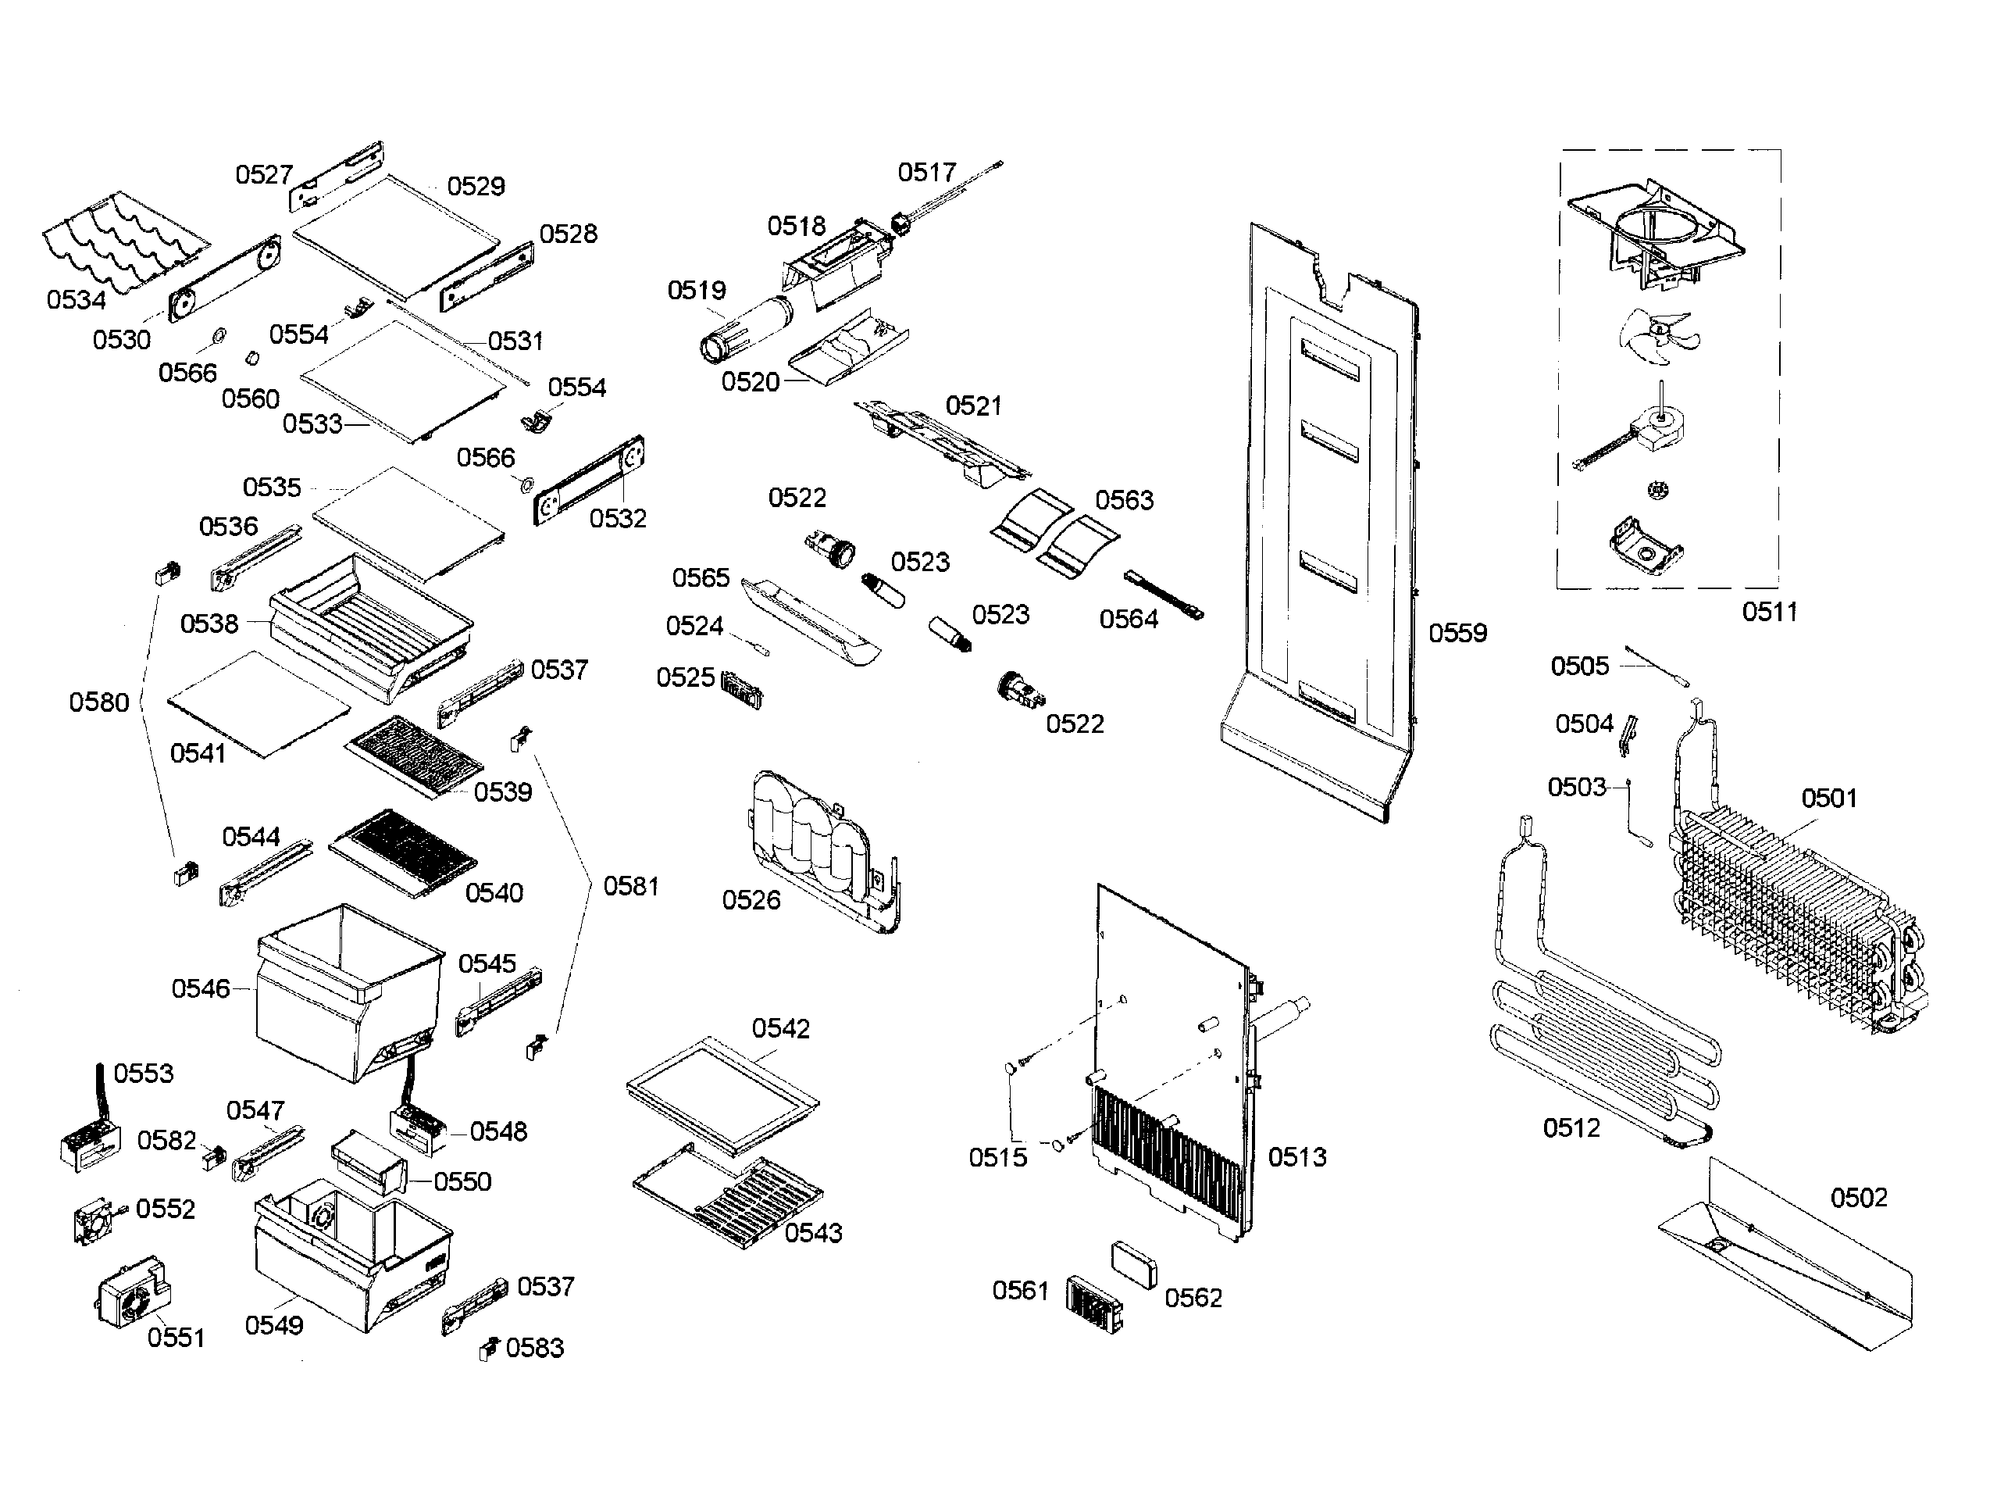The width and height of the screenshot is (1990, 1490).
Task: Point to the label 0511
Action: tap(1770, 612)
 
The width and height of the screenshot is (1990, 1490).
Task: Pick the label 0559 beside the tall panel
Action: tap(1457, 633)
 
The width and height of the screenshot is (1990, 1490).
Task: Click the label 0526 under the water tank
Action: tap(751, 900)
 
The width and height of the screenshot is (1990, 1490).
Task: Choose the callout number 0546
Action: tap(201, 989)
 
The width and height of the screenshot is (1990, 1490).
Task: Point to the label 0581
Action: tap(630, 886)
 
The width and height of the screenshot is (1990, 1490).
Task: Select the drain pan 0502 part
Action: tap(1786, 1260)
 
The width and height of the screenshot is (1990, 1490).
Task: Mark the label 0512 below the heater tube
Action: tap(1571, 1127)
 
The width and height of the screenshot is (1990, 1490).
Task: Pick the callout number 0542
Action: tap(781, 1028)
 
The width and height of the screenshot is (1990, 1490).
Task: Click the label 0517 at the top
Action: tap(926, 172)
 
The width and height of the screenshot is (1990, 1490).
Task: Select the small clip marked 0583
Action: tap(488, 1349)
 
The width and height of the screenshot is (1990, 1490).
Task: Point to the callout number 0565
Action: tap(701, 577)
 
